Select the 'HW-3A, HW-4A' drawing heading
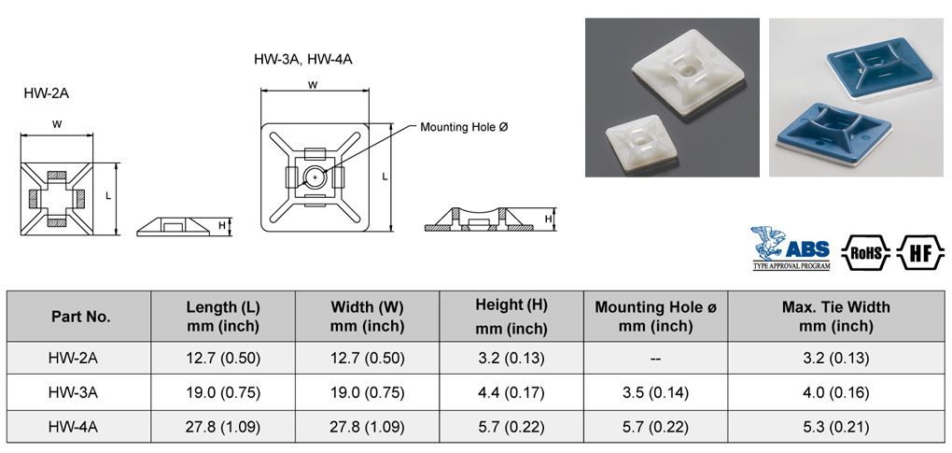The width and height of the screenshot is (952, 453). [x=302, y=59]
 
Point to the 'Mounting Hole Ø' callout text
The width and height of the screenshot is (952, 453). [x=464, y=126]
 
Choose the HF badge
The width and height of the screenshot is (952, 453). [x=920, y=250]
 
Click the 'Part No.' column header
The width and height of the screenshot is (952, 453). [x=81, y=317]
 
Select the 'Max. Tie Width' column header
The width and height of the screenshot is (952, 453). [x=835, y=316]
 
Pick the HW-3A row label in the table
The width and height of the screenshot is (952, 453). [x=81, y=392]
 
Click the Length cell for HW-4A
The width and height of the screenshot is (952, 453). [x=223, y=427]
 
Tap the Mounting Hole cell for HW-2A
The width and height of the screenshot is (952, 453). [x=656, y=358]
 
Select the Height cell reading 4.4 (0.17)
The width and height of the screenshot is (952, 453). [x=511, y=392]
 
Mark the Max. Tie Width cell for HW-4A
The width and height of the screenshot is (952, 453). [x=835, y=427]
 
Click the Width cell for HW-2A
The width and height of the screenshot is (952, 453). [x=367, y=358]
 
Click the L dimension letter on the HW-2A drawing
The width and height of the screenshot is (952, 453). [x=108, y=196]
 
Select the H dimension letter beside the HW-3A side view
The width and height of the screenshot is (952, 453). [x=549, y=219]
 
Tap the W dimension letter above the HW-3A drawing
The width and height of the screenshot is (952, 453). [x=312, y=84]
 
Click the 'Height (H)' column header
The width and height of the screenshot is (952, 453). [x=511, y=316]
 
